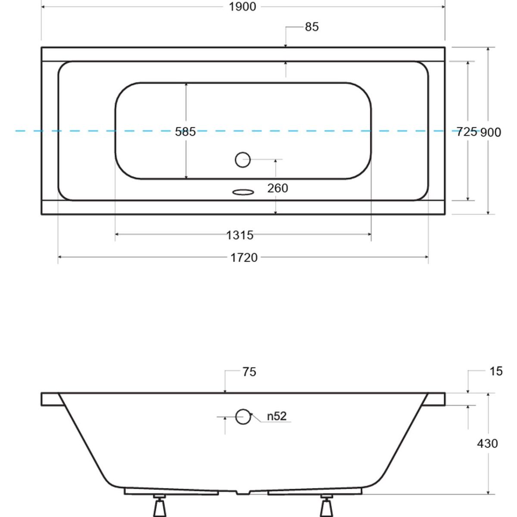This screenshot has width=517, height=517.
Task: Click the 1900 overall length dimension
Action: pyautogui.click(x=242, y=7)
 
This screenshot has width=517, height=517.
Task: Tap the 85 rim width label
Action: pyautogui.click(x=311, y=27)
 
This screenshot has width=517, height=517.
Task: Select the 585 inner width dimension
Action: pyautogui.click(x=185, y=132)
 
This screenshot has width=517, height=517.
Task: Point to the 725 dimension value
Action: pyautogui.click(x=467, y=132)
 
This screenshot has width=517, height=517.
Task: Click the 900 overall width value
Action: pyautogui.click(x=490, y=133)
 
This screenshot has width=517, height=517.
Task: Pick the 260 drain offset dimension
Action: pyautogui.click(x=277, y=188)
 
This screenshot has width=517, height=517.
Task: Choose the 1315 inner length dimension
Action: pyautogui.click(x=240, y=235)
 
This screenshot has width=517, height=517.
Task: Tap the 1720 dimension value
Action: pyautogui.click(x=244, y=258)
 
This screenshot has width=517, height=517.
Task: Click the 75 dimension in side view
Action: pyautogui.click(x=249, y=372)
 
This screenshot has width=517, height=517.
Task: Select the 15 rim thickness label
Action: pyautogui.click(x=496, y=371)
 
